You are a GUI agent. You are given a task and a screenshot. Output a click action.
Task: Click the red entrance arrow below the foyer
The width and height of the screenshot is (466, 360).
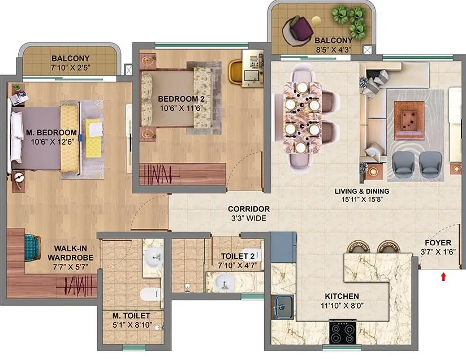point(443,276)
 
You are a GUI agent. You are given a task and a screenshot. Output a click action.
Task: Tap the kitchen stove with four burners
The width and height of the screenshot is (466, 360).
point(343,332)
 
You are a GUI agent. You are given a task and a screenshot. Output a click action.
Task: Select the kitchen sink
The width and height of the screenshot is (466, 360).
point(283,307)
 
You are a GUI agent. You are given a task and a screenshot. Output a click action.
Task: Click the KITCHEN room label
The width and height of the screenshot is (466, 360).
point(342,296)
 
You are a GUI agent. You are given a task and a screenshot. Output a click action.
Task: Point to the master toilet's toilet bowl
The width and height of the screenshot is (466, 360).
point(150,294)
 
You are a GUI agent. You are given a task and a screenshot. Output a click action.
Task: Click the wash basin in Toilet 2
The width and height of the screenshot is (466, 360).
point(225,282)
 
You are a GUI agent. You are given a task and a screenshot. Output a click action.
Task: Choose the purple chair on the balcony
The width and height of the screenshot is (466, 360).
point(299,30)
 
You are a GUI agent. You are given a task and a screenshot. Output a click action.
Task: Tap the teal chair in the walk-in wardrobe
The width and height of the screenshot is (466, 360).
point(32,246)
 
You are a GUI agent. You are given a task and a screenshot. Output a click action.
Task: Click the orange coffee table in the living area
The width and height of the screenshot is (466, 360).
point(409,120)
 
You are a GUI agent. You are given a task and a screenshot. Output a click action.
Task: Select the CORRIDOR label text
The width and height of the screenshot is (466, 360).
point(249,209)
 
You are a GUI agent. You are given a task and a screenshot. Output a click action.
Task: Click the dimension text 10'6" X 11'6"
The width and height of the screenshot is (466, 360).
point(181,108)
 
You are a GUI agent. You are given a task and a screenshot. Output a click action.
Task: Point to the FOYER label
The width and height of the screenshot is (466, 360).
point(438,242)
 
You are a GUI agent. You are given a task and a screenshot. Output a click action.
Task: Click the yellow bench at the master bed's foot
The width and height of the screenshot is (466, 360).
point(70,138)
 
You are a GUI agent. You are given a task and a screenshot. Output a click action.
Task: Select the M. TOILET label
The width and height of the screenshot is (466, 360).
point(131,315)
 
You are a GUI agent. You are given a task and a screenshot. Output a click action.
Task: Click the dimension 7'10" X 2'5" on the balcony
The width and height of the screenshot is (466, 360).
point(70,68)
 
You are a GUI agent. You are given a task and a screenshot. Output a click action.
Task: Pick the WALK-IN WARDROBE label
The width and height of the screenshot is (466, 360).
point(70,253)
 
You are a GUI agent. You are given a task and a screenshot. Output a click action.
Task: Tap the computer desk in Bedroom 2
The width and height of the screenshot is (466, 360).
point(253,68)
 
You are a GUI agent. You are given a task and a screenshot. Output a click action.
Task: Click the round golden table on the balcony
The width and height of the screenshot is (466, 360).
point(316,21)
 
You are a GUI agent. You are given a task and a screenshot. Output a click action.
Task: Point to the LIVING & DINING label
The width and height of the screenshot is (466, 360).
point(362,191)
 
